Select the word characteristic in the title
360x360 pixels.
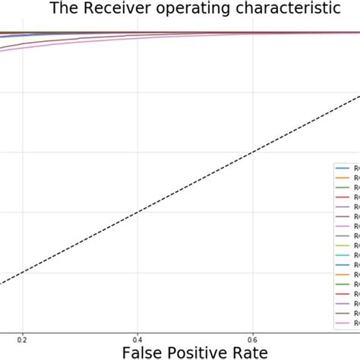[289, 9]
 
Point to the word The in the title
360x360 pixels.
[64, 9]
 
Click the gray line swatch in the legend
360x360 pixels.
[343, 235]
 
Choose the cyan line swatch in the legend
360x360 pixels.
[343, 255]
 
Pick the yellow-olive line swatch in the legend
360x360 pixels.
[343, 245]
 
